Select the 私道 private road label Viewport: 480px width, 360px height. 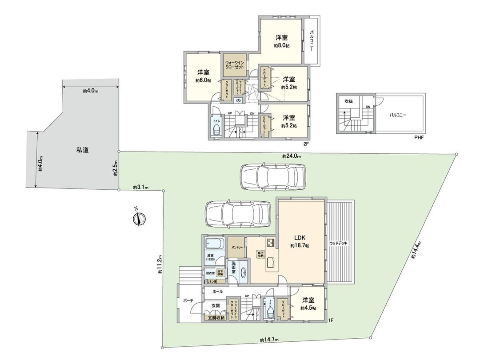point(82,150)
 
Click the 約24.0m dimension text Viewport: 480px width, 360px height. point(292,156)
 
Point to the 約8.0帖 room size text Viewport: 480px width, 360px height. point(282,46)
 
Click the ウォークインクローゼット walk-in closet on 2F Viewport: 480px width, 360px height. point(235,64)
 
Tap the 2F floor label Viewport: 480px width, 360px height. point(306,143)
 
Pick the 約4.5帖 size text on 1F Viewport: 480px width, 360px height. point(308,308)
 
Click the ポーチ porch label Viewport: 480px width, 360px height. point(188,301)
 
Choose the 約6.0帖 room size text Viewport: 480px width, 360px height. point(203,80)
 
